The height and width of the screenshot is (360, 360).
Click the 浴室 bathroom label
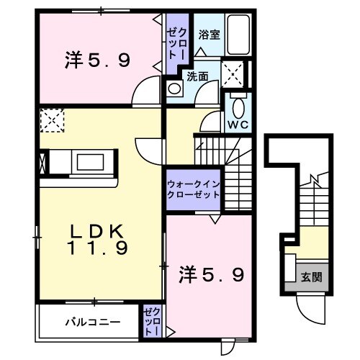tap(210, 33)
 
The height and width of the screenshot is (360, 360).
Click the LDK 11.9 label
tap(99, 239)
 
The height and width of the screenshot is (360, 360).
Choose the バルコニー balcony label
tap(90, 320)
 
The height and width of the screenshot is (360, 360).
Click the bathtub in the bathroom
tap(238, 36)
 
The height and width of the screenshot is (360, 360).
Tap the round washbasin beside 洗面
tap(174, 88)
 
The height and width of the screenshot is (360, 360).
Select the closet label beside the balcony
tap(151, 321)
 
